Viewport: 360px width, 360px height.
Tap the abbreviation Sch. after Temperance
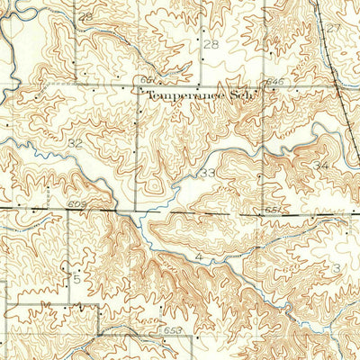[240, 94]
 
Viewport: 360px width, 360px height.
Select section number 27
[335, 28]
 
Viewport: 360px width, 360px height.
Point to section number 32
[75, 143]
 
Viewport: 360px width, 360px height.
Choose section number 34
[321, 167]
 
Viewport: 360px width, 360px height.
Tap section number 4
[199, 257]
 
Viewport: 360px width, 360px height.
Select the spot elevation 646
[274, 82]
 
